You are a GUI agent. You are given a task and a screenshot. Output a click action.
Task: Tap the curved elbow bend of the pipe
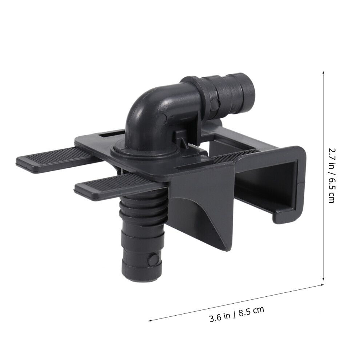click(147, 103)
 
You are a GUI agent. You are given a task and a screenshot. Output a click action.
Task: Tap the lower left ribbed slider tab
click(115, 186)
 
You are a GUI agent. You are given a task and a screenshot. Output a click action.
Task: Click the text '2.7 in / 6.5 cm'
click(332, 175)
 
